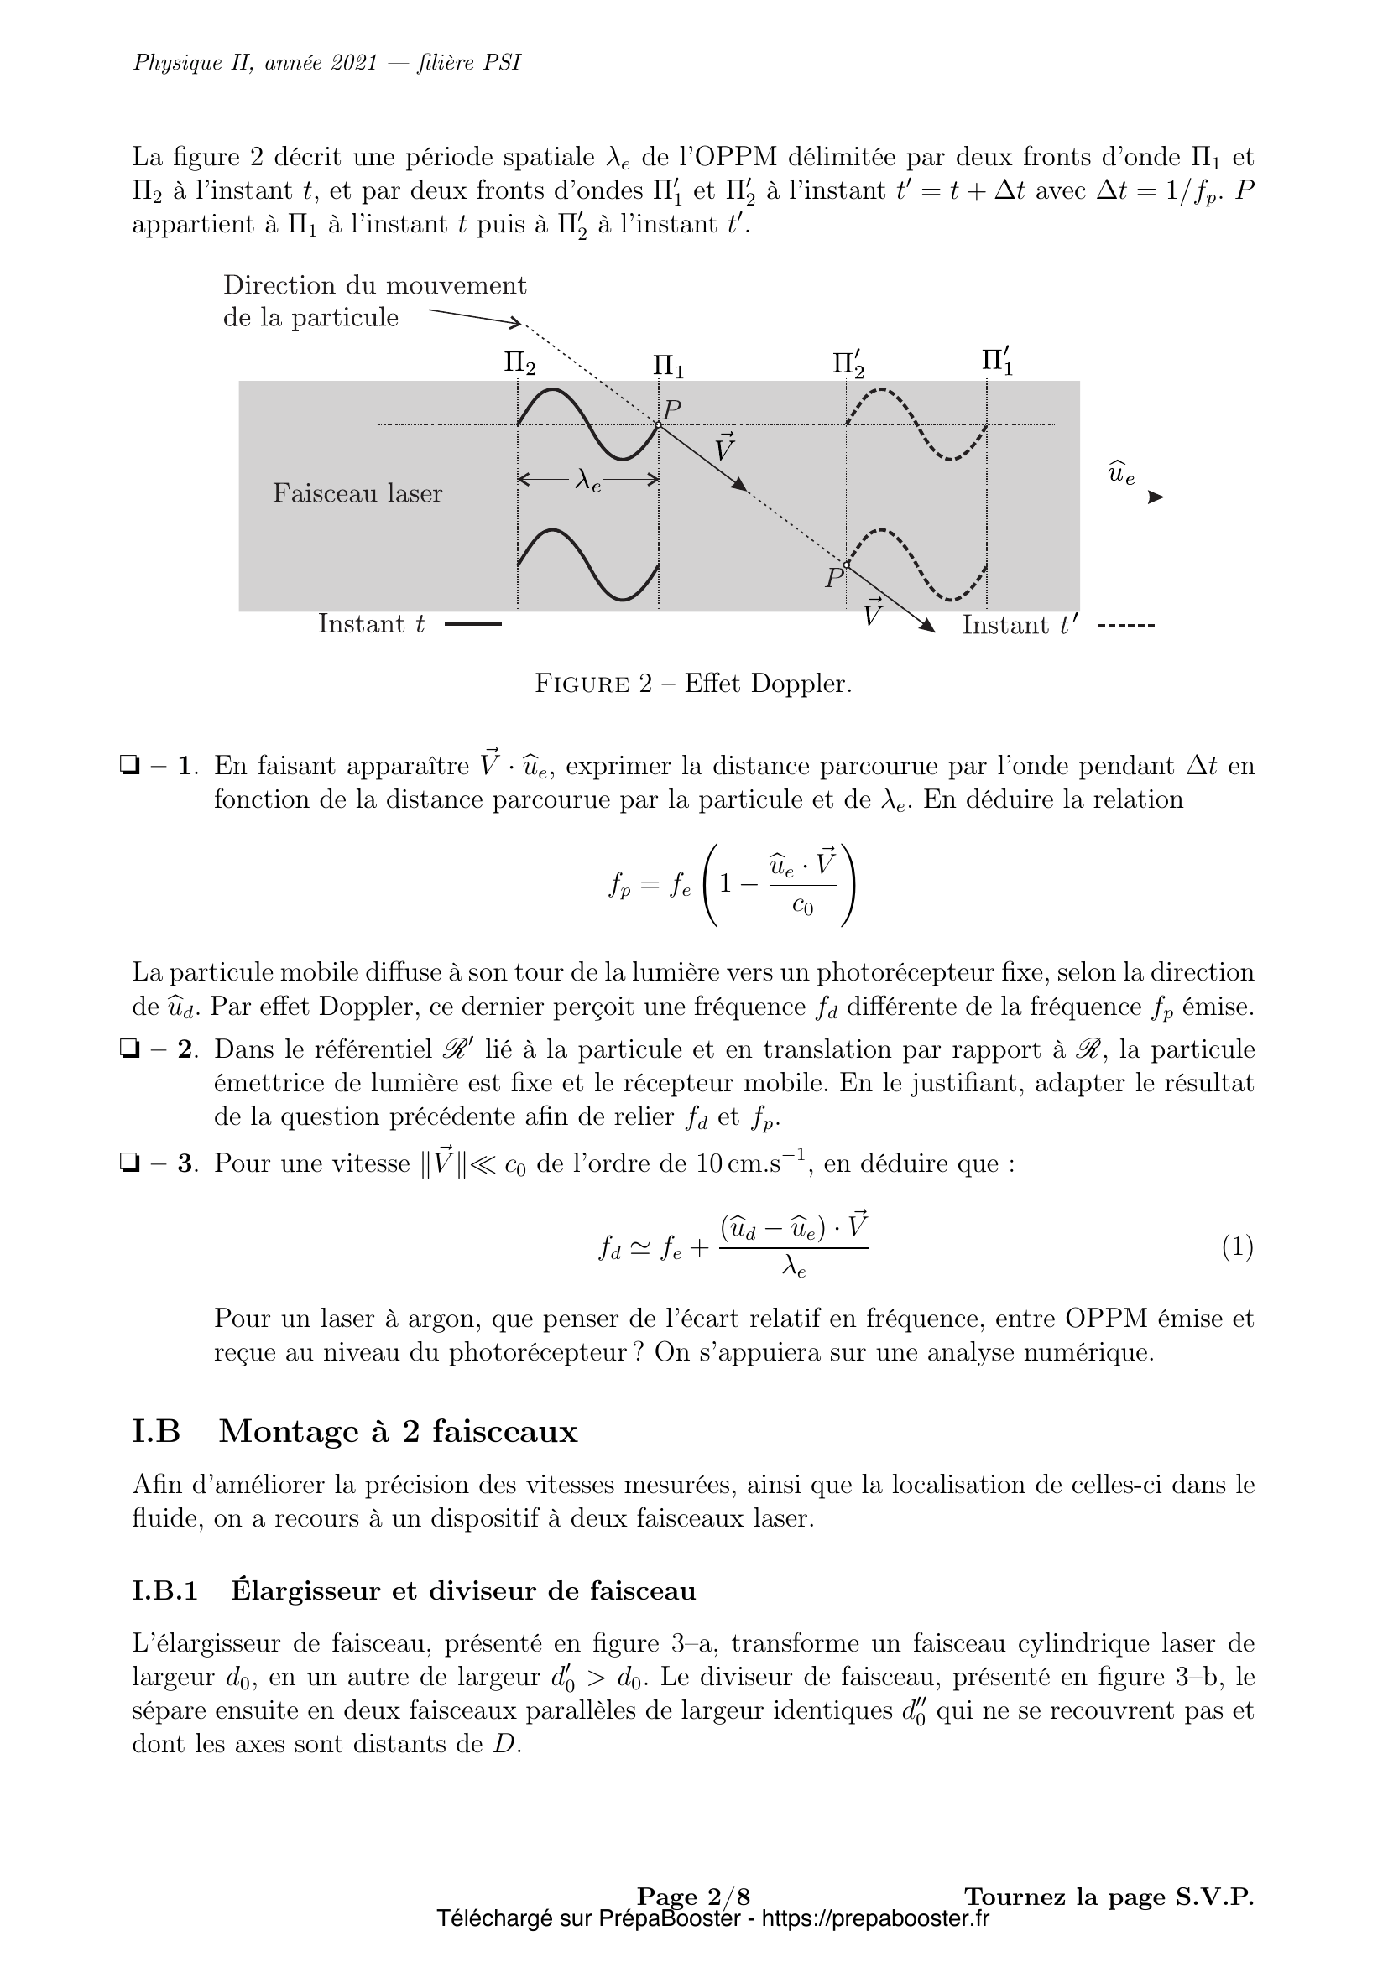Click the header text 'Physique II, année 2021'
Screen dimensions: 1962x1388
point(256,64)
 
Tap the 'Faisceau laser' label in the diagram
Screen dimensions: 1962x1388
point(357,494)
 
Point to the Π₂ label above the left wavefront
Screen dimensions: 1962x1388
point(519,364)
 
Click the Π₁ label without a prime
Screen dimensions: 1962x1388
point(668,366)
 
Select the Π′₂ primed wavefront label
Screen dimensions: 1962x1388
point(848,364)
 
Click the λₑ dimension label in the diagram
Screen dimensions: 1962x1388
point(588,482)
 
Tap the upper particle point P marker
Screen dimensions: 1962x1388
point(658,424)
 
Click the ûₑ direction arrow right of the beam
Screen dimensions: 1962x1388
point(1121,497)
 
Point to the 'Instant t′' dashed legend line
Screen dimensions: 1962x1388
point(1125,627)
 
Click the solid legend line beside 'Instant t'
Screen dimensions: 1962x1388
point(472,626)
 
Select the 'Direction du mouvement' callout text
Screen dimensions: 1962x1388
point(374,285)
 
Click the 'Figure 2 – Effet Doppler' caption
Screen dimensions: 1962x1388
point(693,684)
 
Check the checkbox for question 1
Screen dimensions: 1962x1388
point(130,765)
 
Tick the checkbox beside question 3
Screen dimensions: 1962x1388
point(130,1163)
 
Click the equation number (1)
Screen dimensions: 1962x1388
point(1237,1248)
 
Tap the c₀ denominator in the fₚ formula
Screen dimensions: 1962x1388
point(801,907)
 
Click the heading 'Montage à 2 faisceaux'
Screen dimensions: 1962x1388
point(399,1431)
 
